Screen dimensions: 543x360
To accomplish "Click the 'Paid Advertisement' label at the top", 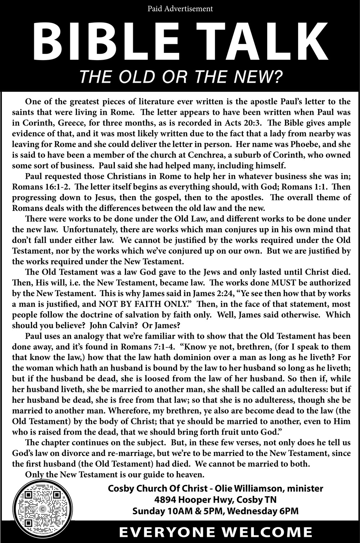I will pyautogui.click(x=180, y=8).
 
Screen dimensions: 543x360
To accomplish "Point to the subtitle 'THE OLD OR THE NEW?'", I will pyautogui.click(x=180, y=76).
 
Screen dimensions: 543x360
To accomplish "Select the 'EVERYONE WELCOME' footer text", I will pyautogui.click(x=216, y=532).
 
